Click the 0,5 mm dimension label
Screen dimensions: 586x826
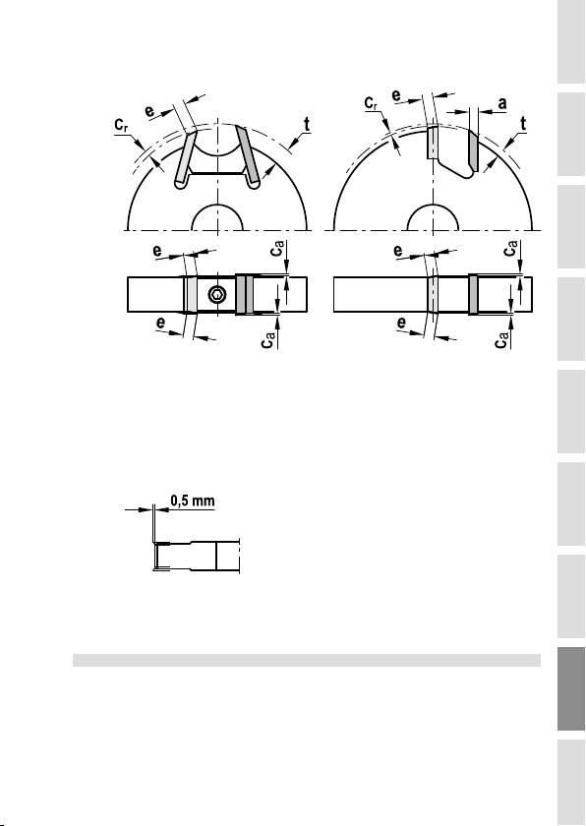click(194, 500)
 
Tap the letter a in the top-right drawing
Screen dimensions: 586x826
click(502, 104)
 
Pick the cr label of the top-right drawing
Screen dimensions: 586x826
click(372, 102)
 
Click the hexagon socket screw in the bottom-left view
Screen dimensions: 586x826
click(216, 295)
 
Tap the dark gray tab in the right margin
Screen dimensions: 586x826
click(571, 688)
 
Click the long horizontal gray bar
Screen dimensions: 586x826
click(307, 660)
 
